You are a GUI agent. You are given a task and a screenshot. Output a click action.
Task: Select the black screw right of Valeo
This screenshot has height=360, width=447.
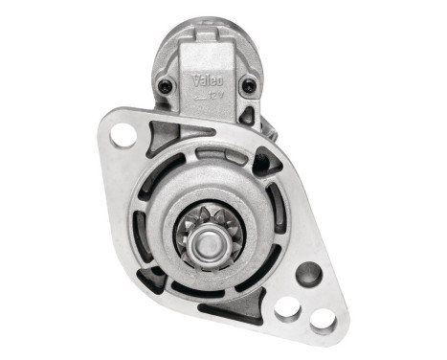(x=249, y=85)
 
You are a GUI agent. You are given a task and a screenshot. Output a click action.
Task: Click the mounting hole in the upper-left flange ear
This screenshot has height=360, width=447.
(x=123, y=135)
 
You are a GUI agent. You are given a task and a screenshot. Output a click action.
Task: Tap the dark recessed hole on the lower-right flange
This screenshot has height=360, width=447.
(x=308, y=275)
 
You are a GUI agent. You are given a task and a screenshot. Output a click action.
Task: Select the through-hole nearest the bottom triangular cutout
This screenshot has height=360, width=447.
(x=286, y=307)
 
